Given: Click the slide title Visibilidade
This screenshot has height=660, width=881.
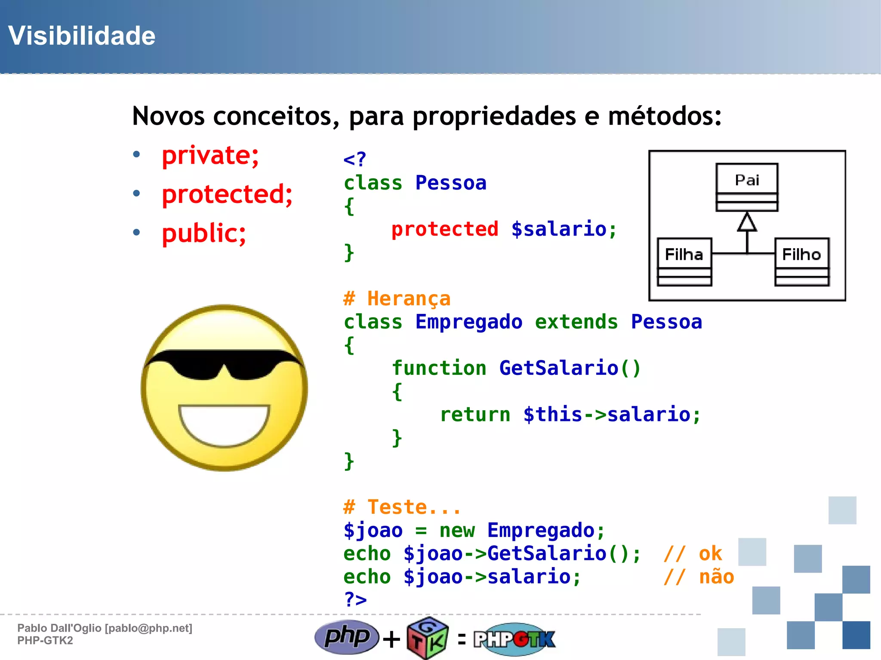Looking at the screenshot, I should (x=82, y=36).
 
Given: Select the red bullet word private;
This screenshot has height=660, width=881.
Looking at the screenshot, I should (x=210, y=155).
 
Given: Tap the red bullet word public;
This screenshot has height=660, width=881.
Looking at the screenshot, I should (x=204, y=233).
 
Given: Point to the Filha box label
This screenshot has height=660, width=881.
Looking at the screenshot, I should (x=684, y=255).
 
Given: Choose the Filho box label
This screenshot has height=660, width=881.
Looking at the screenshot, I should (x=801, y=255).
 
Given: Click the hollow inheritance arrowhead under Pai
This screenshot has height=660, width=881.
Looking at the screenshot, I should (x=747, y=222).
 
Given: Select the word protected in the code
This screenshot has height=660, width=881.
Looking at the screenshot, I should (x=445, y=229).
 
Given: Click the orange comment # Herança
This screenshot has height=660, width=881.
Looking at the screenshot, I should (x=397, y=299).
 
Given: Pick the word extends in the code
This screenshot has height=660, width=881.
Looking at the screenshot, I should (x=576, y=322).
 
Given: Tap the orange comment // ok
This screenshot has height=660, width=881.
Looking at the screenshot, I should (x=693, y=554).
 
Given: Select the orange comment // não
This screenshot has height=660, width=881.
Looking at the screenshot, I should (x=699, y=577).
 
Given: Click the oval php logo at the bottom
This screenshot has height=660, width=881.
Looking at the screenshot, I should (x=347, y=637).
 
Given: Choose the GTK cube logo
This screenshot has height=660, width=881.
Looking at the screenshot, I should (x=428, y=639).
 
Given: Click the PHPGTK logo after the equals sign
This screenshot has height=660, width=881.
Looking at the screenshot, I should (x=514, y=639).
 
